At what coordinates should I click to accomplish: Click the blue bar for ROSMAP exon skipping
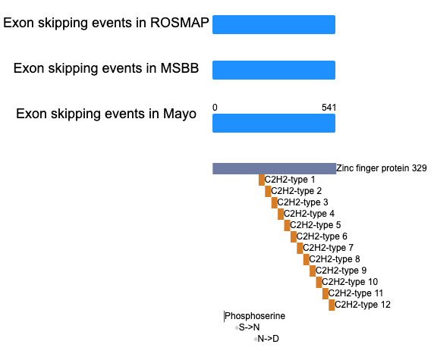pyautogui.click(x=274, y=24)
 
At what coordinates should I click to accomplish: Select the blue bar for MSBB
pyautogui.click(x=274, y=70)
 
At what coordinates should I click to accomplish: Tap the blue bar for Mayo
pyautogui.click(x=274, y=124)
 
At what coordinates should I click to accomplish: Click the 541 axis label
pyautogui.click(x=329, y=108)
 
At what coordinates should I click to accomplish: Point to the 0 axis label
pyautogui.click(x=215, y=108)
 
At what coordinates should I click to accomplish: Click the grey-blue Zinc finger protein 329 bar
pyautogui.click(x=275, y=168)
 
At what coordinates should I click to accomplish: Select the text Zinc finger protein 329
pyautogui.click(x=382, y=168)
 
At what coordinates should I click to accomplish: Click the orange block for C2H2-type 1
pyautogui.click(x=262, y=180)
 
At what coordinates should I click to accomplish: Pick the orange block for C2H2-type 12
pyautogui.click(x=332, y=305)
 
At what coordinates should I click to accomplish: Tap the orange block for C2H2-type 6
pyautogui.click(x=294, y=236)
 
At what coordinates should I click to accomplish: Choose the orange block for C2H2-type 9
pyautogui.click(x=313, y=271)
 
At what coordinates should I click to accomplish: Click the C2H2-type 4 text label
pyautogui.click(x=309, y=214)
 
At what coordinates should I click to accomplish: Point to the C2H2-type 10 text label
pyautogui.click(x=350, y=282)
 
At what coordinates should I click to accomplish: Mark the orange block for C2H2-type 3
pyautogui.click(x=275, y=202)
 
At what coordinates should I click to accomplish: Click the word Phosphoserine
pyautogui.click(x=255, y=316)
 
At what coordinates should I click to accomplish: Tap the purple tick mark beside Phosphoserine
pyautogui.click(x=224, y=316)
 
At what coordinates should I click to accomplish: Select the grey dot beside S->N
pyautogui.click(x=237, y=328)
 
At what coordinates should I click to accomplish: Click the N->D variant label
pyautogui.click(x=268, y=339)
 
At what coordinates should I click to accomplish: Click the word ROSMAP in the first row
pyautogui.click(x=179, y=23)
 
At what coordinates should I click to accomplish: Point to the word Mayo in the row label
pyautogui.click(x=180, y=114)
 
